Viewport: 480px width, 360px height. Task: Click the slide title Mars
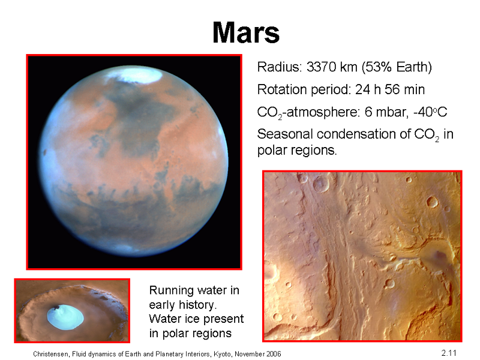tap(246, 32)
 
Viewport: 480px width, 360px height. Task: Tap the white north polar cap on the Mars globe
tap(134, 74)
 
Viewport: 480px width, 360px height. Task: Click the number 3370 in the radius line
tap(321, 67)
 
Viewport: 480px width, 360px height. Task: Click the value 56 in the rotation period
tap(392, 89)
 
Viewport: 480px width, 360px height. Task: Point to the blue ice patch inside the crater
tap(65, 317)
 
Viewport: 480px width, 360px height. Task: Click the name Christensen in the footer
tap(50, 354)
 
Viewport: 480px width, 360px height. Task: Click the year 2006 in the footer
tap(274, 354)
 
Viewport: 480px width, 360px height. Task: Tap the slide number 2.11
tap(449, 353)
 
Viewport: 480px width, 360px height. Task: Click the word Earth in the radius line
tap(412, 67)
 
